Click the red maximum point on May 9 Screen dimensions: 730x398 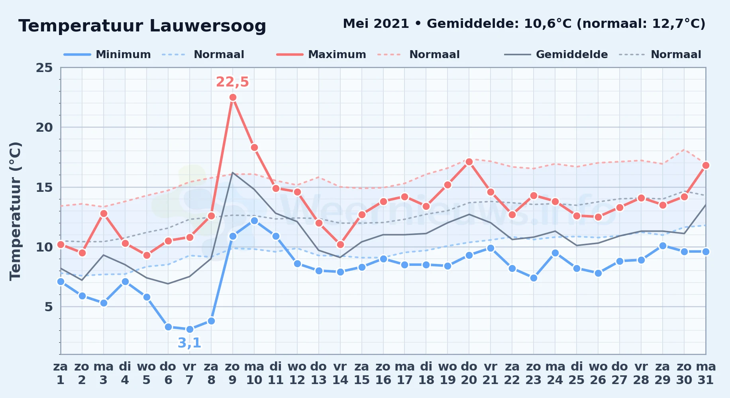click(x=233, y=98)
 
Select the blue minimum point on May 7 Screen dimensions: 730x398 click(x=190, y=329)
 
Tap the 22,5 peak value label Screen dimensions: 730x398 click(x=232, y=82)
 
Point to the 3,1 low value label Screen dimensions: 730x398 click(x=189, y=343)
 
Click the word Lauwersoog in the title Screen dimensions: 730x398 click(x=208, y=26)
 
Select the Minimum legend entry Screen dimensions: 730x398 click(x=107, y=55)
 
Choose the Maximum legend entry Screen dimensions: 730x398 click(x=321, y=55)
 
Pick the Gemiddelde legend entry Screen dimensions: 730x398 click(x=556, y=55)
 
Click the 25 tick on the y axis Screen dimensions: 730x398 click(x=44, y=68)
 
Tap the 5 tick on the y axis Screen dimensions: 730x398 click(x=49, y=307)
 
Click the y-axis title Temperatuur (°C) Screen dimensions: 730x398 click(x=15, y=211)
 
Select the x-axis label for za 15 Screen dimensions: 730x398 click(x=362, y=373)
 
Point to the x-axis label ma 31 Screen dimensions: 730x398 click(x=706, y=373)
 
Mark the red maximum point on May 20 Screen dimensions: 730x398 click(x=469, y=162)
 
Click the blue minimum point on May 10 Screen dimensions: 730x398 click(x=254, y=220)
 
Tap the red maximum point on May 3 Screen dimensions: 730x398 click(x=104, y=214)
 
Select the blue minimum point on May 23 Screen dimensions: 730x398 click(x=534, y=278)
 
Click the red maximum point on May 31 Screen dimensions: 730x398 click(x=706, y=166)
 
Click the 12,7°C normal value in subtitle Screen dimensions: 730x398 click(x=676, y=24)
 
